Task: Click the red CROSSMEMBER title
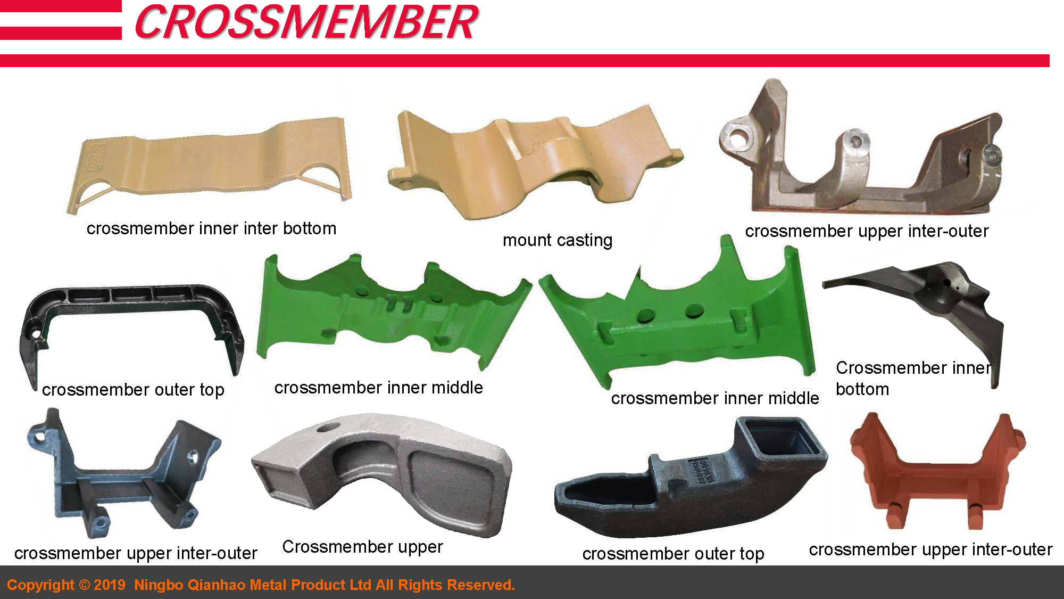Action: (307, 22)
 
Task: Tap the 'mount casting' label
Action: (557, 240)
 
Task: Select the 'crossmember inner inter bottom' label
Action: (211, 228)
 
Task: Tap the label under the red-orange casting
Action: (930, 549)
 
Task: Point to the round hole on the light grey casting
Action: (328, 428)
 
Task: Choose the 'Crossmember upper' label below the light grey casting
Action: (362, 547)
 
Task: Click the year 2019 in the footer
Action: (110, 585)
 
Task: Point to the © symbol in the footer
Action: (84, 585)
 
